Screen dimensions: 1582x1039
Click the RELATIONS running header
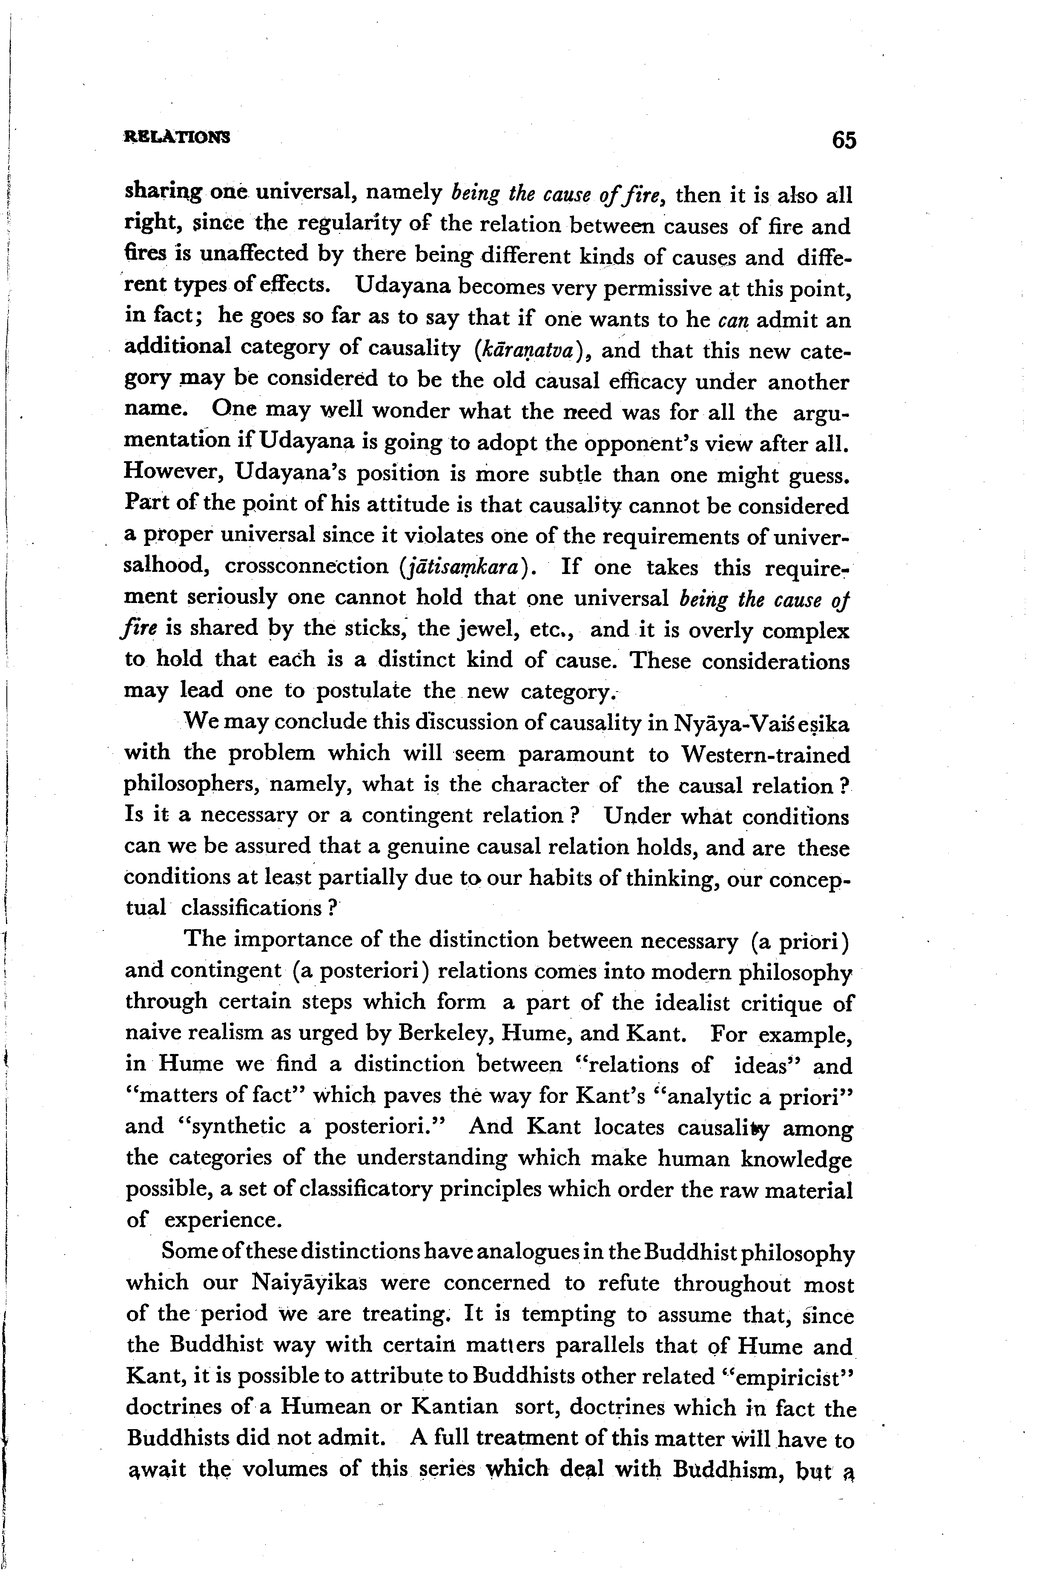coord(178,138)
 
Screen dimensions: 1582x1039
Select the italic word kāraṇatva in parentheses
coord(530,349)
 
